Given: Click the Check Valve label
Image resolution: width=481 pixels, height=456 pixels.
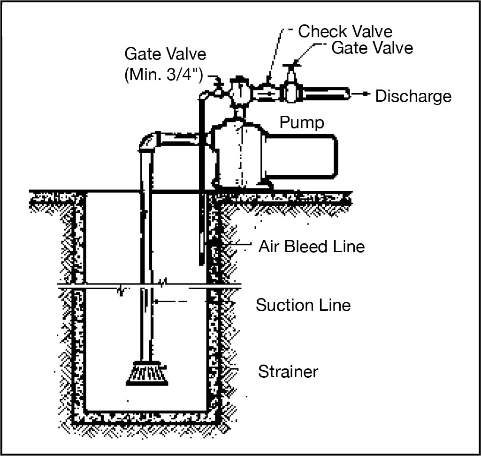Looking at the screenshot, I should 345,31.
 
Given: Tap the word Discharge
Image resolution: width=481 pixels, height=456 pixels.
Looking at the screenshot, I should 413,96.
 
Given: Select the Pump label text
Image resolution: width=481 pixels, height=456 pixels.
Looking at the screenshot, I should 302,122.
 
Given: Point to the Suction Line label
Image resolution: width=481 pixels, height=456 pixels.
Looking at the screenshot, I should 303,305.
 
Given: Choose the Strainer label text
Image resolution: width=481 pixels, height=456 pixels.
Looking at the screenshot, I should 288,372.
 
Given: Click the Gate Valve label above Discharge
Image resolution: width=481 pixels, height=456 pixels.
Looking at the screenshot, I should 372,48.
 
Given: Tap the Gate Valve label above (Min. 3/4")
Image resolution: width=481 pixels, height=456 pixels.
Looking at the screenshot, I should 165,54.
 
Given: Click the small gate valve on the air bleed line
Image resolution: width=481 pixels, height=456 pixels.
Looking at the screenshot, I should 217,89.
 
